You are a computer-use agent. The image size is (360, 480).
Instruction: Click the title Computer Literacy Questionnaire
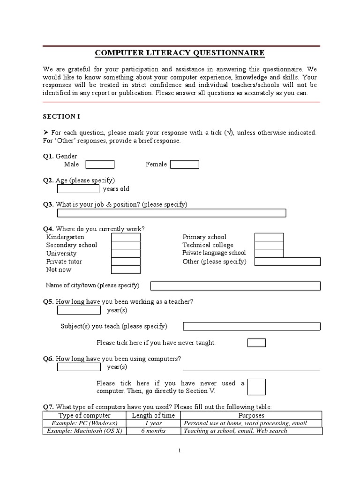180,53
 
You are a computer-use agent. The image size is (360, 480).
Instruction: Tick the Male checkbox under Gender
100,164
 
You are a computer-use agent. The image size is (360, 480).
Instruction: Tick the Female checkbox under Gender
185,164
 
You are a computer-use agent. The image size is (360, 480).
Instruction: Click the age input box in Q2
78,189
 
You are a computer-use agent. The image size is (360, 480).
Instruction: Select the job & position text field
172,213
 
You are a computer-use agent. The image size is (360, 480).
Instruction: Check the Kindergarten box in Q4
126,237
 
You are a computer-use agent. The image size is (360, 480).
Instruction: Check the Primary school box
269,237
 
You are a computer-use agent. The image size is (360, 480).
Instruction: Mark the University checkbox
126,254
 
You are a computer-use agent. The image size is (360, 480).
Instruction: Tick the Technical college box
269,245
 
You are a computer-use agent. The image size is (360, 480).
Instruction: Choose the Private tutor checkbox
126,262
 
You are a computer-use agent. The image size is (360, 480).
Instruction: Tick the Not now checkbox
126,270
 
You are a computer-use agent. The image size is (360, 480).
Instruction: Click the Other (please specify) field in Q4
287,262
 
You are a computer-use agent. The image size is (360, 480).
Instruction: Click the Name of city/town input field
235,286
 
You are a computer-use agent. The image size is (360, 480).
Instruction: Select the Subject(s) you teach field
252,326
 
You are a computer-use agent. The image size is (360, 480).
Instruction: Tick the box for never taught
256,343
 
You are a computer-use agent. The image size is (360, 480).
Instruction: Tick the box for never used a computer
256,387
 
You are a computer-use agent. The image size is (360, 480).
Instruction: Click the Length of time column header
153,415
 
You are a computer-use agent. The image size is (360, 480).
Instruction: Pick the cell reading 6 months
153,431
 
